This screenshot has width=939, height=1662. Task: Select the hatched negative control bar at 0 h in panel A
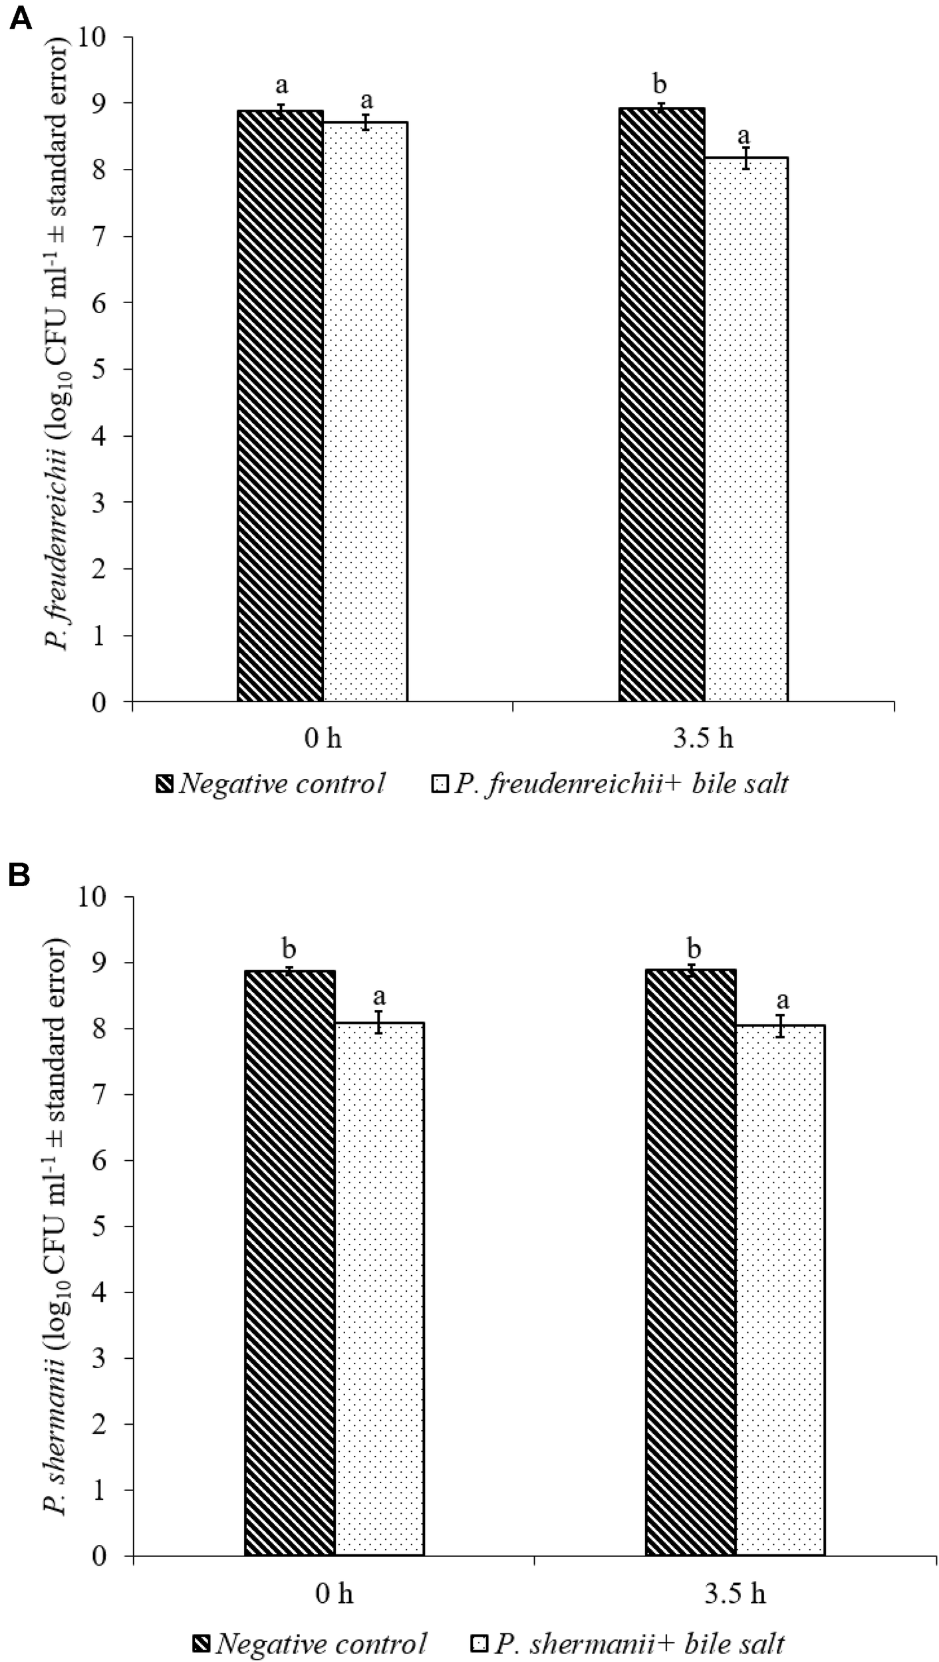(x=280, y=406)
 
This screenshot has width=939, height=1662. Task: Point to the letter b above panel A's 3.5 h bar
(x=660, y=85)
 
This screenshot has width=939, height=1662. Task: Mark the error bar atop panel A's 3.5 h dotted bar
(x=746, y=158)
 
